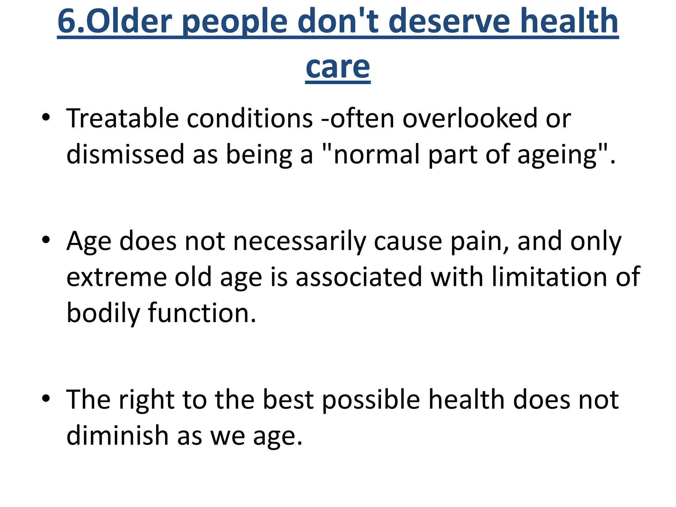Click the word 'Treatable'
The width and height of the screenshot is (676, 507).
point(122,118)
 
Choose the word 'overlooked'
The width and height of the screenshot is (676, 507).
point(470,118)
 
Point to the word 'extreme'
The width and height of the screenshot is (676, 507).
point(117,277)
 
